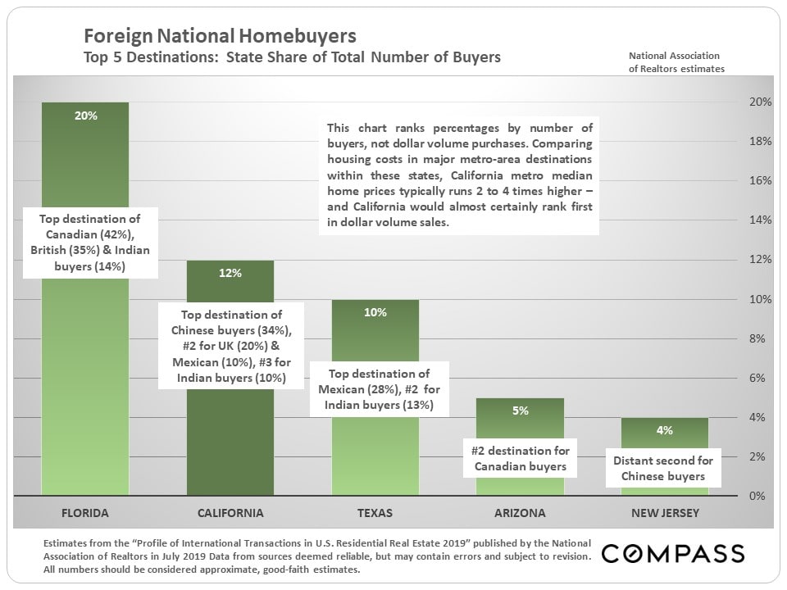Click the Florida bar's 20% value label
[85, 116]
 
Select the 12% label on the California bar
[230, 273]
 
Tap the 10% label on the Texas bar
[375, 312]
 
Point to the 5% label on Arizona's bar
[521, 411]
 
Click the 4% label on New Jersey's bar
[664, 430]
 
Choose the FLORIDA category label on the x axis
[85, 513]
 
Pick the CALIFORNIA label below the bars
[230, 513]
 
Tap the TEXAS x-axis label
[375, 513]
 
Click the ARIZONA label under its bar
[521, 513]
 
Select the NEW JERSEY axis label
[664, 513]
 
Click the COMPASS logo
[673, 554]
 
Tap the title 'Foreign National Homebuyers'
[221, 36]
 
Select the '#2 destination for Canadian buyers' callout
[521, 459]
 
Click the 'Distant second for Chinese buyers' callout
[664, 468]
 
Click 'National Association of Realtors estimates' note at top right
[676, 62]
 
